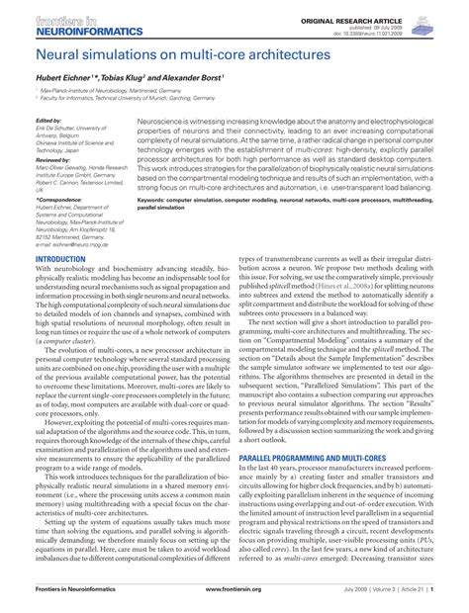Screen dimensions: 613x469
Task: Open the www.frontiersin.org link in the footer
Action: (233, 602)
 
